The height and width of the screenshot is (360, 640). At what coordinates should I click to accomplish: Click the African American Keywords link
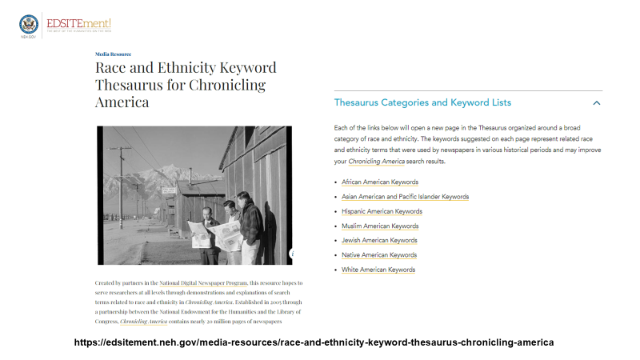click(379, 182)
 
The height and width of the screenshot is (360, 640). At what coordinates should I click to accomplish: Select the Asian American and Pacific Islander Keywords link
click(405, 197)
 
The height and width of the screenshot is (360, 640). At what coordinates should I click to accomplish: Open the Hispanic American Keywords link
click(382, 211)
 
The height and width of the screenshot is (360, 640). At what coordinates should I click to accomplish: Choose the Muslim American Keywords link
click(379, 226)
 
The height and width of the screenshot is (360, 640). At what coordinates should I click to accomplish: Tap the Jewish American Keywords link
click(379, 241)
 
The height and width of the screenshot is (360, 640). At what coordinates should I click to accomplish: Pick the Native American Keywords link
click(378, 255)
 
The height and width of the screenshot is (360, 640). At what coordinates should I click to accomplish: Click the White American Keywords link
click(378, 270)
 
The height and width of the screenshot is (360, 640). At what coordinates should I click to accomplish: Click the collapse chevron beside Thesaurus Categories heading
click(596, 103)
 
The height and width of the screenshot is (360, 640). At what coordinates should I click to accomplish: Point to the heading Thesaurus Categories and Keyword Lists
click(422, 103)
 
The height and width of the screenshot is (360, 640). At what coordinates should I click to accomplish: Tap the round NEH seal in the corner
click(28, 23)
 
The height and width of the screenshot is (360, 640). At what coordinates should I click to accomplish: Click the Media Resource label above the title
click(113, 54)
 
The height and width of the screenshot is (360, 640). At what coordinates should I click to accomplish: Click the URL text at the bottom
click(313, 342)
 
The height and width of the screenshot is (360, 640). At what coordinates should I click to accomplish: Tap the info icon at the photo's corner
click(292, 253)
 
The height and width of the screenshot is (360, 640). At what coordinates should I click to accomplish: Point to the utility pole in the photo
click(122, 176)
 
